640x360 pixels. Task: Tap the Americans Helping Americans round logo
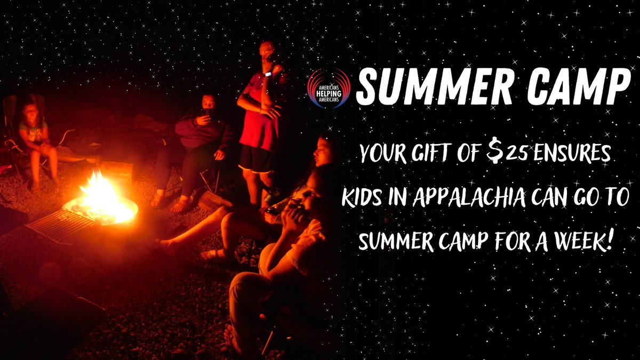pos(329,88)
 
